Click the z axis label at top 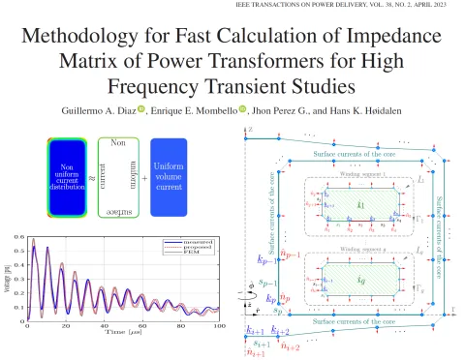[251, 130]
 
